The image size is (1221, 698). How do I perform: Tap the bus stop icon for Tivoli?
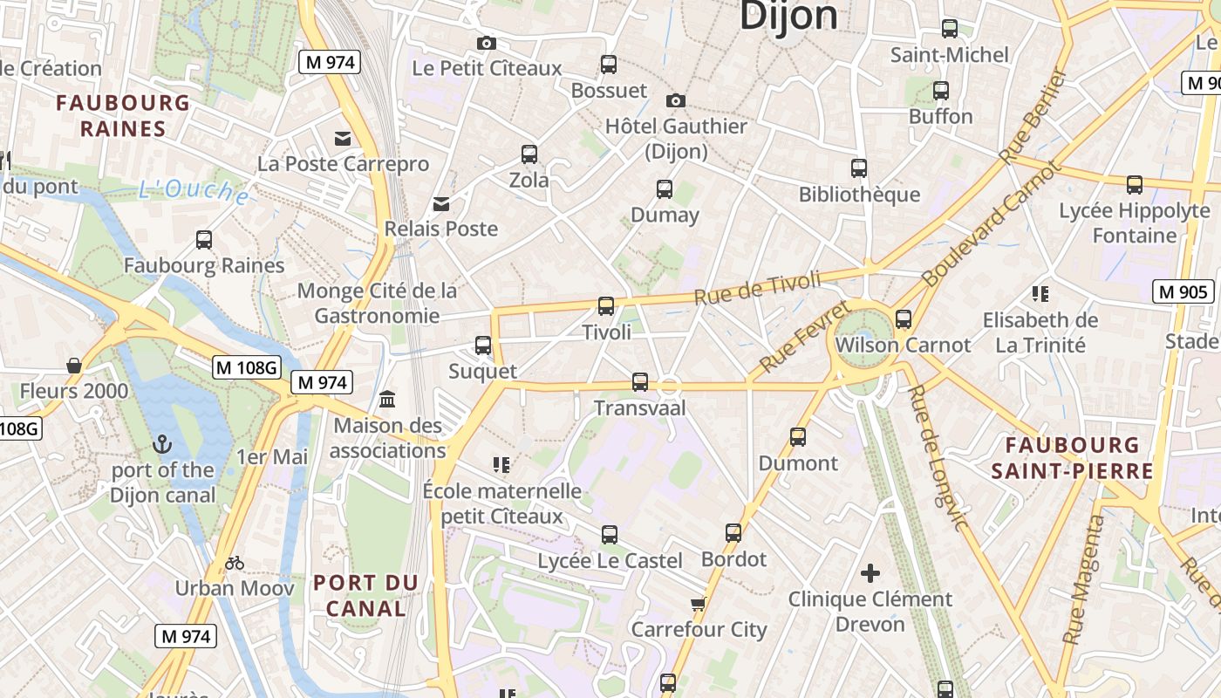point(606,306)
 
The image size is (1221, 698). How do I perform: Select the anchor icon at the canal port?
point(161,445)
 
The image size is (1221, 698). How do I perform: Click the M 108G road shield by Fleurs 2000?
point(247,367)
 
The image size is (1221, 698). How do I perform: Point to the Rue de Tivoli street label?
point(757,288)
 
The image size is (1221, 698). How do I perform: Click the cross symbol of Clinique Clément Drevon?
point(870,573)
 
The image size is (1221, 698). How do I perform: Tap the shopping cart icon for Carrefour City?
point(697,604)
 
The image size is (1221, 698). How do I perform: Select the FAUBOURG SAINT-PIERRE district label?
point(1072,458)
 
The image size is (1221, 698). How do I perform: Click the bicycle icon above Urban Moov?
point(234,563)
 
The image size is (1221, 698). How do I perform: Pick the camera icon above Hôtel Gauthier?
point(675,101)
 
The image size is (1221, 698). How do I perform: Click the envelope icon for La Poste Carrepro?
point(343,139)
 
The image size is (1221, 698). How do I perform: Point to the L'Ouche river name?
point(193,190)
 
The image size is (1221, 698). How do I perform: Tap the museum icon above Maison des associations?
point(387,400)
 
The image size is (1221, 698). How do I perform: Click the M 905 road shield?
point(1183,291)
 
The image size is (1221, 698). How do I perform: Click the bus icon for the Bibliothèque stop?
point(859,168)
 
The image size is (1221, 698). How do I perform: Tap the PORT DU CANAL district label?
point(365,595)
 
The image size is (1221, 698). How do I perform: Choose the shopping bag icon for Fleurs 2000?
point(74,366)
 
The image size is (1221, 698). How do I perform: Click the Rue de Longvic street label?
point(936,457)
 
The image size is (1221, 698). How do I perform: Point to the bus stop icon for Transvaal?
point(640,382)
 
